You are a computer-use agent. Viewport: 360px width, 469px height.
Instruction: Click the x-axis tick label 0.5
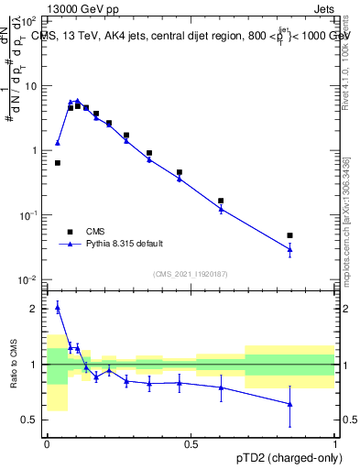pyautogui.click(x=191, y=444)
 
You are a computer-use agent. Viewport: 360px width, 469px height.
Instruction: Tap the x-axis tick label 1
pyautogui.click(x=335, y=444)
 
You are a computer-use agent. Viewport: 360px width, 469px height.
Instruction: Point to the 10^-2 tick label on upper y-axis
pyautogui.click(x=29, y=279)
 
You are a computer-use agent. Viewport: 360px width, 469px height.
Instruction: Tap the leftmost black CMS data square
pyautogui.click(x=58, y=163)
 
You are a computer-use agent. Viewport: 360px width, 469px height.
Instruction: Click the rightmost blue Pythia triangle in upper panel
pyautogui.click(x=289, y=249)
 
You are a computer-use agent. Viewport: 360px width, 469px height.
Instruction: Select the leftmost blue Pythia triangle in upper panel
pyautogui.click(x=58, y=143)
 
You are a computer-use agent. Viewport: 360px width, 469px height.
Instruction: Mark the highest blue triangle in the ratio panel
pyautogui.click(x=58, y=308)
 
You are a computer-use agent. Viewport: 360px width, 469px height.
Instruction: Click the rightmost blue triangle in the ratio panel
pyautogui.click(x=289, y=404)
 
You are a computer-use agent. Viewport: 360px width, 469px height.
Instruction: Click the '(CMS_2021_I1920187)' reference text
pyautogui.click(x=190, y=274)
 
